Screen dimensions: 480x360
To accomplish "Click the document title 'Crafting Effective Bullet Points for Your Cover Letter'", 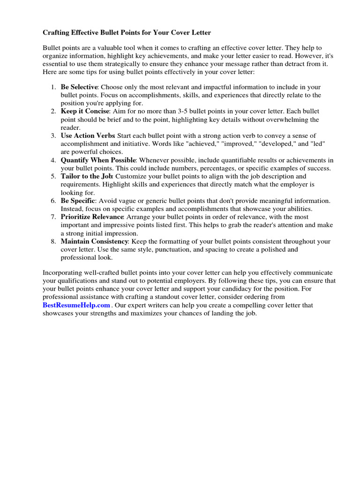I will coord(127,33).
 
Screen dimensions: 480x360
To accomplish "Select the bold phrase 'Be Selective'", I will coord(79,87).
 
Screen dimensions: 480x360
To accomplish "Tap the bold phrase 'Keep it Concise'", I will coord(85,112).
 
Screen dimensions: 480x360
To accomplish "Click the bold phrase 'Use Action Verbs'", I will coord(88,136).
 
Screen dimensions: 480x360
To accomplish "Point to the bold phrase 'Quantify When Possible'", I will coord(98,160).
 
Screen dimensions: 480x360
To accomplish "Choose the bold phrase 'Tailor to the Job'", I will coord(87,176).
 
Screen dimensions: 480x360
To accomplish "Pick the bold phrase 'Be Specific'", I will coord(78,201).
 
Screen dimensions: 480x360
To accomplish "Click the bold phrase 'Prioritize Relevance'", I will coord(92,217).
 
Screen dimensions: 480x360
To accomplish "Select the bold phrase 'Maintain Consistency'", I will coord(94,241).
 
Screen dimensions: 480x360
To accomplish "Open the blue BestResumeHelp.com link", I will coord(76,305).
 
